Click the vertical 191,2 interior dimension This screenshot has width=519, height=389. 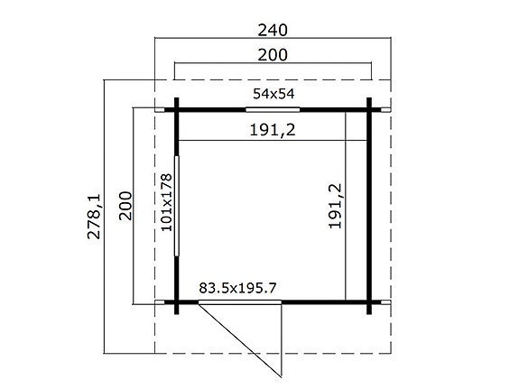pyautogui.click(x=336, y=209)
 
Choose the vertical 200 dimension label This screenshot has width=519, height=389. pyautogui.click(x=125, y=208)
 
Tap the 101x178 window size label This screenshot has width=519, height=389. pyautogui.click(x=166, y=203)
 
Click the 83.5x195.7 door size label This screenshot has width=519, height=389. pyautogui.click(x=237, y=289)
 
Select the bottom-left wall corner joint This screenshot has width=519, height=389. pyautogui.click(x=178, y=301)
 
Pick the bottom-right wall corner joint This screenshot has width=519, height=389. pyautogui.click(x=369, y=301)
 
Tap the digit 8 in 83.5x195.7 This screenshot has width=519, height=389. pyautogui.click(x=202, y=289)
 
